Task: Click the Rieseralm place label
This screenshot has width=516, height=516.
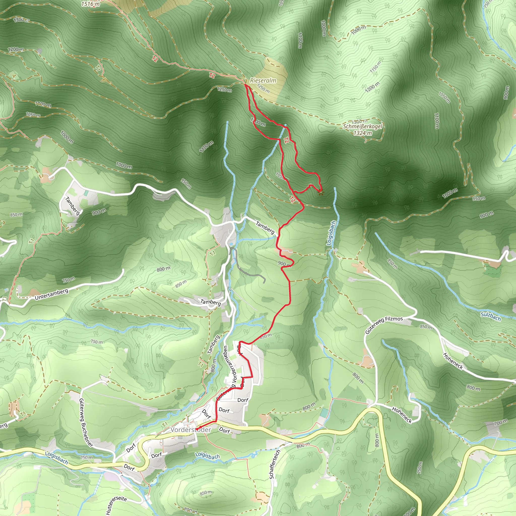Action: (x=263, y=80)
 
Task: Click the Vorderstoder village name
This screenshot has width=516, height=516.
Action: (x=191, y=430)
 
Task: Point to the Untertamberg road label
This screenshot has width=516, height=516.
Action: (x=52, y=294)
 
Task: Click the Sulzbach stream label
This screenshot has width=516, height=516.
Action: (x=491, y=316)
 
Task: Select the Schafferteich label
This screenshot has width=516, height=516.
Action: (x=275, y=464)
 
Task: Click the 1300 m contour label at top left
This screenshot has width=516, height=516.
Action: (x=21, y=19)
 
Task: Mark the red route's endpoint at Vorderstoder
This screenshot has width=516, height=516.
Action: (x=197, y=429)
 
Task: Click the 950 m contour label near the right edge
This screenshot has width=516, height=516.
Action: (x=479, y=199)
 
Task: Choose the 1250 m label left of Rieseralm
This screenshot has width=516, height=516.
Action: (x=224, y=90)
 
